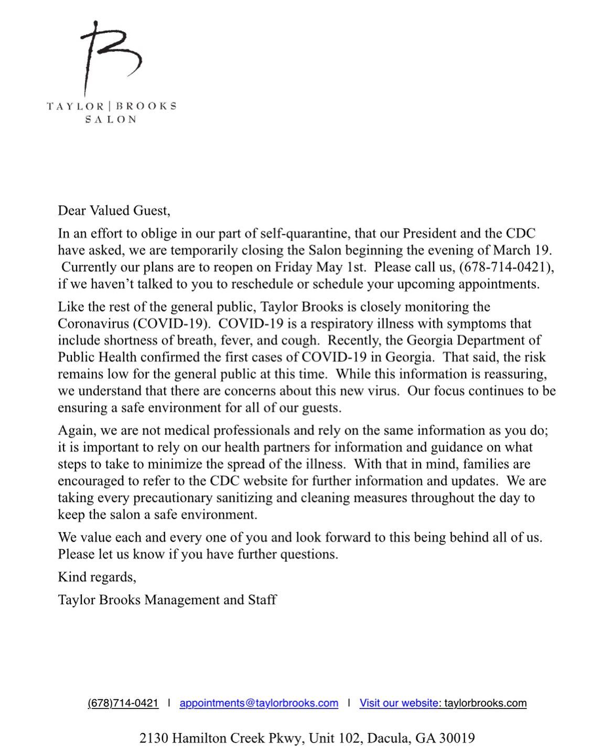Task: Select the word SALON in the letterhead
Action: [111, 119]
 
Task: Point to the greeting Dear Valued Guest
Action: [114, 210]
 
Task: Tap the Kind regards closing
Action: [97, 577]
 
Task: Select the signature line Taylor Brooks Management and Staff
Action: [167, 599]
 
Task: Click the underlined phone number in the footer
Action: [123, 703]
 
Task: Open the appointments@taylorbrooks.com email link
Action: [259, 703]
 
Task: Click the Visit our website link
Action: [399, 703]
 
